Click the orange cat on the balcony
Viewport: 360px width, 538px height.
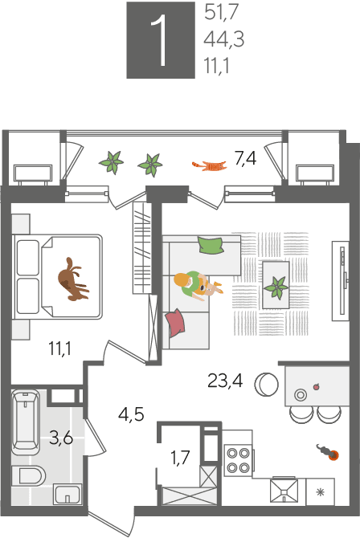tap(209, 165)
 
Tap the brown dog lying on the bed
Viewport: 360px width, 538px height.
tap(72, 279)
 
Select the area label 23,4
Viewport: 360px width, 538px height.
tap(225, 381)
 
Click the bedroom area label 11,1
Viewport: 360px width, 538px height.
tap(59, 348)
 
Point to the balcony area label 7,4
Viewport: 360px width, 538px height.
tap(245, 158)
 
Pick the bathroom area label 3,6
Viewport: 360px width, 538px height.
tap(61, 438)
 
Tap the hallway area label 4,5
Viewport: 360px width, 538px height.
tap(131, 414)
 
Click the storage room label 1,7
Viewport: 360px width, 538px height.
tap(180, 458)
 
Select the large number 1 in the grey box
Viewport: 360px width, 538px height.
tap(161, 40)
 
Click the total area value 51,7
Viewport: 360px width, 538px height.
tap(221, 13)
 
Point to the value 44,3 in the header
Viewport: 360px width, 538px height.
tap(223, 39)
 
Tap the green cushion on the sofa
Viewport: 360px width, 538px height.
tap(211, 245)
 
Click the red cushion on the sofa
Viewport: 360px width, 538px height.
tap(175, 323)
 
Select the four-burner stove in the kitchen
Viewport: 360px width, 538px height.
tap(239, 460)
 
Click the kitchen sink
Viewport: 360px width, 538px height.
tap(284, 491)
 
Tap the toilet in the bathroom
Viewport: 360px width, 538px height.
tap(28, 475)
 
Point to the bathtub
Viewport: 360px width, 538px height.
tap(26, 422)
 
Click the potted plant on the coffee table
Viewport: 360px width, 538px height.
tap(276, 287)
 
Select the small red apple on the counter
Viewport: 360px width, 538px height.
tap(316, 387)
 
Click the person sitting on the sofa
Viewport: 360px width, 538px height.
tap(197, 285)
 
